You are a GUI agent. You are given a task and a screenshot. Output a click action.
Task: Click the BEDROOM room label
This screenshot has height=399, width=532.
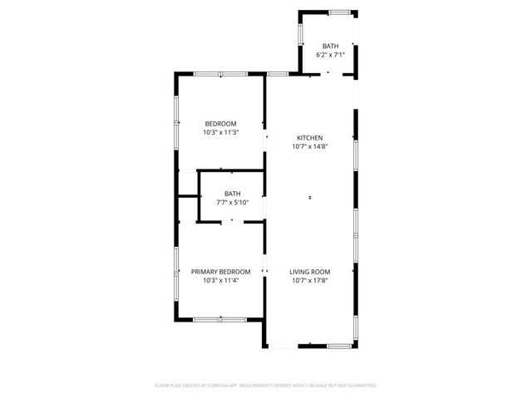tap(220, 124)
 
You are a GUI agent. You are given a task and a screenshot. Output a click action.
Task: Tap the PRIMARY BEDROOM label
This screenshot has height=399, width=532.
tap(220, 272)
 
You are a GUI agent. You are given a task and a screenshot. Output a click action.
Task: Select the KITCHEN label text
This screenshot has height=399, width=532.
tap(310, 138)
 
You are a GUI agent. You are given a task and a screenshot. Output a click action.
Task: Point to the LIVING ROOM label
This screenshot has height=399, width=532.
tap(310, 272)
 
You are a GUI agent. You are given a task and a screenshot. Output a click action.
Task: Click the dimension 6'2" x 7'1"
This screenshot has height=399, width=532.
tap(330, 55)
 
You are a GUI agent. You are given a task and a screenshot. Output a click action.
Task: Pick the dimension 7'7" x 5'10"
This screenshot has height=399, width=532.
tap(232, 202)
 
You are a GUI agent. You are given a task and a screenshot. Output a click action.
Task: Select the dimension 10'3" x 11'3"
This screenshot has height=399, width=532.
tap(220, 132)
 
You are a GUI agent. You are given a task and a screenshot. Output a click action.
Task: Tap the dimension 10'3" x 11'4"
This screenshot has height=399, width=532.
tap(220, 280)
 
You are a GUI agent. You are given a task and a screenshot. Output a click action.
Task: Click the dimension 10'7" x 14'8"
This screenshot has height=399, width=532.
tap(310, 146)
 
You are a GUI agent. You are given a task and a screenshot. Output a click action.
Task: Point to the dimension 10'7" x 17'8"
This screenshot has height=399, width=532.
tap(310, 280)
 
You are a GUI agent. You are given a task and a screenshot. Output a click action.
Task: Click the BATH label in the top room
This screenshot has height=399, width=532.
tap(330, 47)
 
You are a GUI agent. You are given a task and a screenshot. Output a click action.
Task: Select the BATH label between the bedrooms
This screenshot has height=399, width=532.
tap(232, 194)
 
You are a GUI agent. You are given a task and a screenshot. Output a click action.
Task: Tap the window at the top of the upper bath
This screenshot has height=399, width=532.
tap(338, 12)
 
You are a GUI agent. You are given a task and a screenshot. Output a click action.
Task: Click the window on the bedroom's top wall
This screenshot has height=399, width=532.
tap(220, 75)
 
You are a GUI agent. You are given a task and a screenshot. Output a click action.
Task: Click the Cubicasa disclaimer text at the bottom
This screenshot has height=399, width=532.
tap(266, 386)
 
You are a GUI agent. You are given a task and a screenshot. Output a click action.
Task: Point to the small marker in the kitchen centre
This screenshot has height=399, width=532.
tap(310, 198)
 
